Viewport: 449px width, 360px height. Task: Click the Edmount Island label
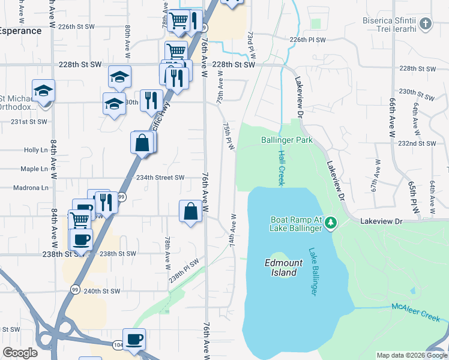click(281, 268)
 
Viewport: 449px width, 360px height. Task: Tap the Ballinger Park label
click(287, 140)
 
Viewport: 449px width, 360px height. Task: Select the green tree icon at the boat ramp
click(330, 224)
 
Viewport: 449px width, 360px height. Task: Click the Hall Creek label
click(280, 167)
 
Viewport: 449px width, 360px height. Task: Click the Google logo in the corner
click(20, 352)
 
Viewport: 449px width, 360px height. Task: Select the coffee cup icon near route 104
click(134, 338)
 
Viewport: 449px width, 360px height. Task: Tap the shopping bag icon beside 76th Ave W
click(190, 211)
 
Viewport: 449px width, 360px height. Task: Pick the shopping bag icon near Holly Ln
click(142, 143)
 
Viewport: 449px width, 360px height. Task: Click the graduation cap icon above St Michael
click(43, 91)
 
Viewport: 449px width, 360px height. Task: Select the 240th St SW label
click(102, 292)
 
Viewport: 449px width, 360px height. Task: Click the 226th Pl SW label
click(307, 40)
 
